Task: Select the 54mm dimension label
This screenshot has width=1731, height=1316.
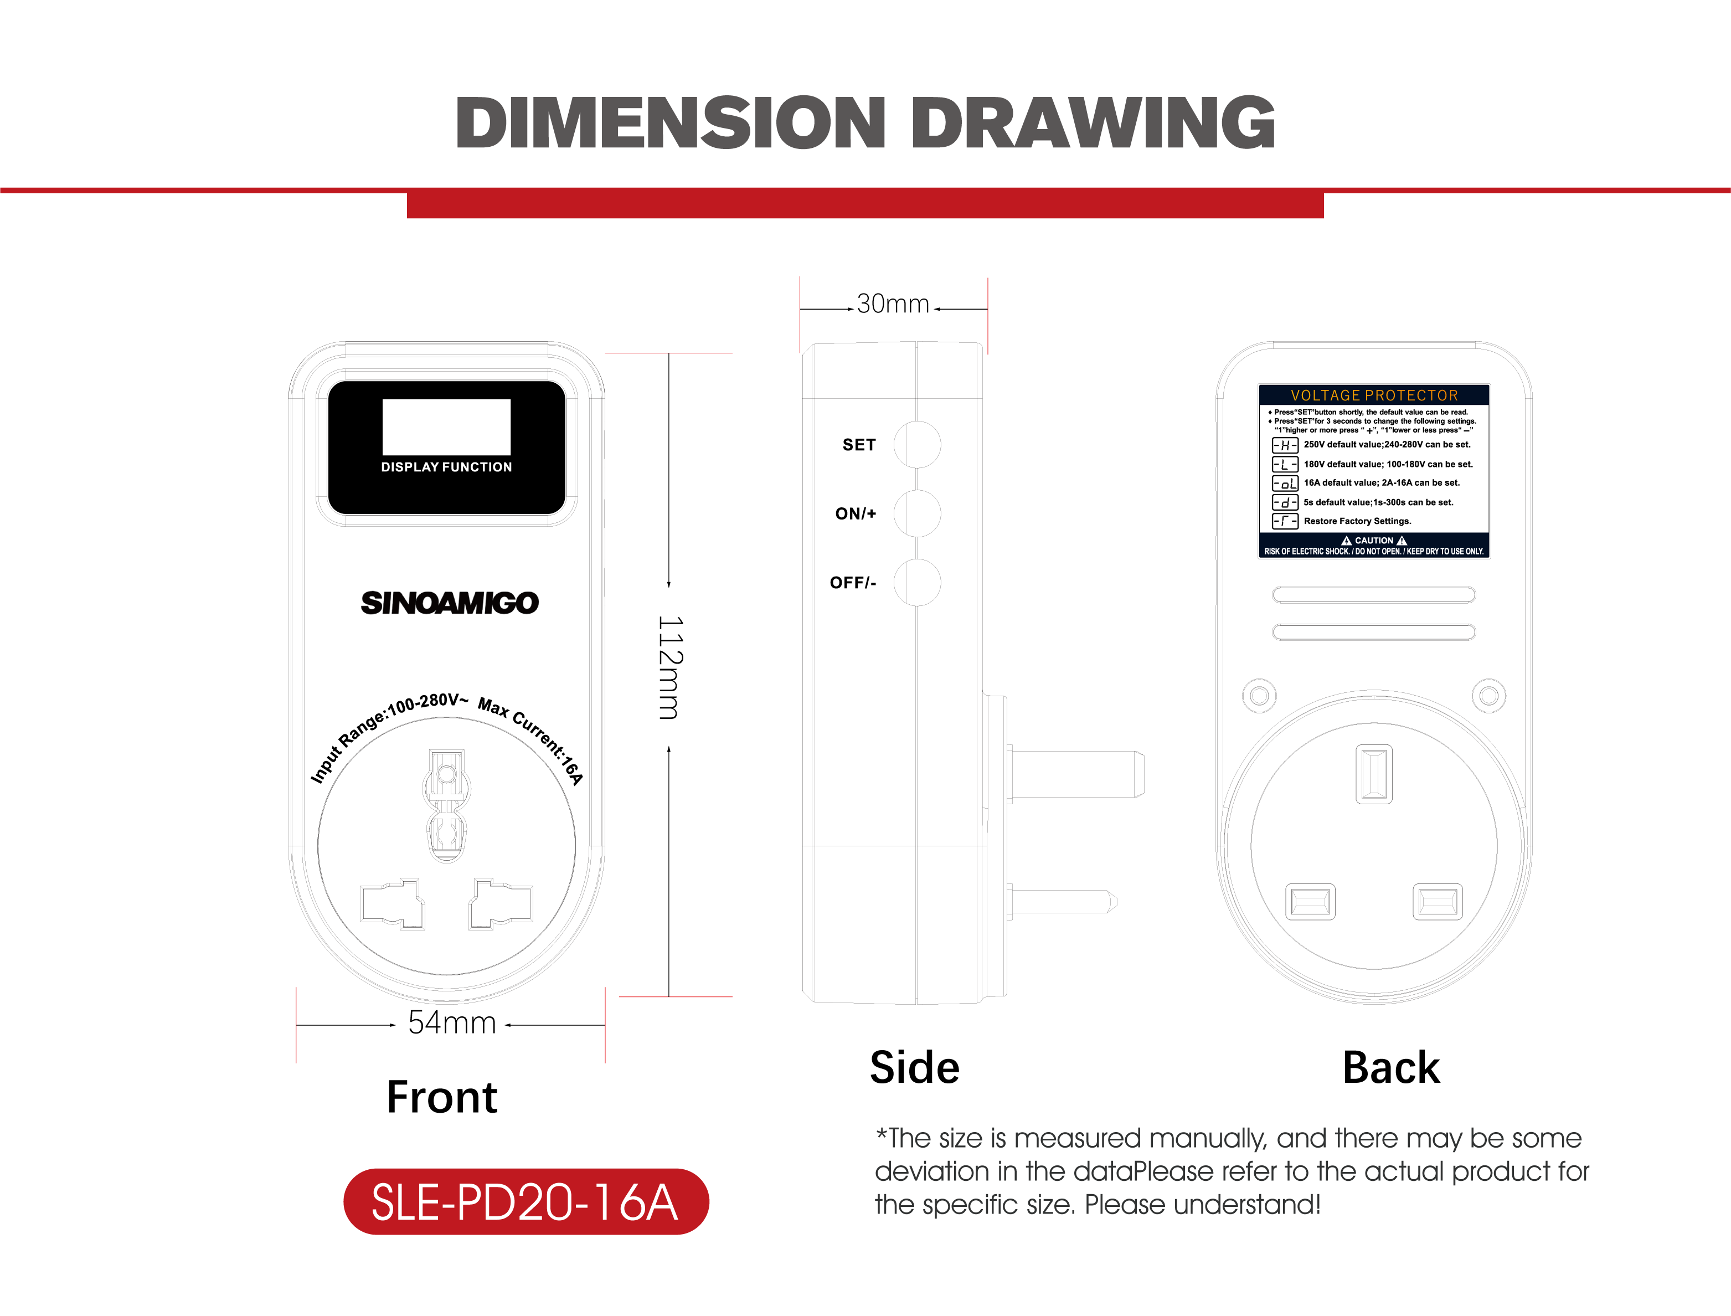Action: pyautogui.click(x=452, y=1023)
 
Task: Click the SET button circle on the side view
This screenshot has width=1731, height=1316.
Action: pyautogui.click(x=917, y=444)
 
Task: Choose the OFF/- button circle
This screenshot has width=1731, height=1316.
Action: pyautogui.click(x=917, y=582)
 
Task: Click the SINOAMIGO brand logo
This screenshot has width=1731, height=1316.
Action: pyautogui.click(x=450, y=603)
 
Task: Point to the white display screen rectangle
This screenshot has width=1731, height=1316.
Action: pyautogui.click(x=446, y=427)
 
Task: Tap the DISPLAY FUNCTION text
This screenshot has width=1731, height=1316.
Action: pyautogui.click(x=446, y=467)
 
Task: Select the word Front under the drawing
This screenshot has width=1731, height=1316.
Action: pyautogui.click(x=442, y=1097)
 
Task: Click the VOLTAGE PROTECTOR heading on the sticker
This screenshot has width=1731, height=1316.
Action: pyautogui.click(x=1374, y=395)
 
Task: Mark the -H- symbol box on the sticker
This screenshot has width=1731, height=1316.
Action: pyautogui.click(x=1285, y=445)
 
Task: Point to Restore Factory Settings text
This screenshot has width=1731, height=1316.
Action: pyautogui.click(x=1357, y=521)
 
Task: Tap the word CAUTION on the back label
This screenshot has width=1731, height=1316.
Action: pyautogui.click(x=1374, y=541)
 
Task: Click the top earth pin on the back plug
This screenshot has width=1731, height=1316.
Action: pyautogui.click(x=1374, y=774)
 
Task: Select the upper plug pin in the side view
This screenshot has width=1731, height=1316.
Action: pyautogui.click(x=1075, y=774)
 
